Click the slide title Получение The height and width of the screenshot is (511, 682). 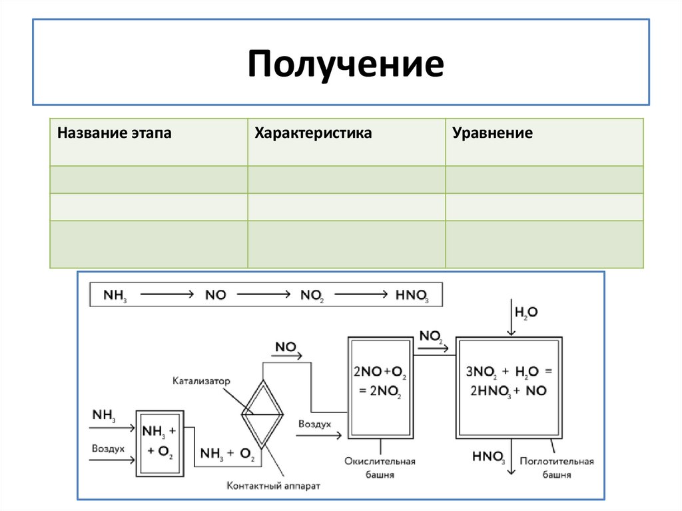click(x=346, y=64)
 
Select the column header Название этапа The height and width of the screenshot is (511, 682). click(x=114, y=133)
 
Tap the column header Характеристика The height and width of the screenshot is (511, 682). click(x=313, y=133)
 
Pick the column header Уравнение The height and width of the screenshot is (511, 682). click(x=493, y=133)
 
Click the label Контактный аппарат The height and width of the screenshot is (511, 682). click(x=274, y=486)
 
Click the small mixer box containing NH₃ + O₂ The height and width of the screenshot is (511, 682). click(x=159, y=442)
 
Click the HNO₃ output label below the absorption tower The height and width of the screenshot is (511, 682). click(x=489, y=457)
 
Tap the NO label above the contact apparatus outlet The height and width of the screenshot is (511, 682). click(x=285, y=347)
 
